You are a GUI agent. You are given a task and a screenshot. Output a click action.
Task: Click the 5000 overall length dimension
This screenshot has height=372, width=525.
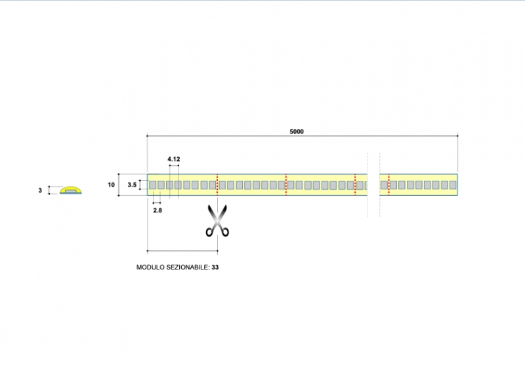click(297, 131)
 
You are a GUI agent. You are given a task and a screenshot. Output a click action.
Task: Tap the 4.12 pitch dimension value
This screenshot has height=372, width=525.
click(173, 160)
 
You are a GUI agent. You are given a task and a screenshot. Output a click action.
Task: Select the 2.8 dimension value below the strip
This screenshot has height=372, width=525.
click(157, 210)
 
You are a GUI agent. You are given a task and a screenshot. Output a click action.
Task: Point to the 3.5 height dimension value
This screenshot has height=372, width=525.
click(132, 185)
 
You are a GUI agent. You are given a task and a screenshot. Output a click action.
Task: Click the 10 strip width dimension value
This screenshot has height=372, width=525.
click(111, 185)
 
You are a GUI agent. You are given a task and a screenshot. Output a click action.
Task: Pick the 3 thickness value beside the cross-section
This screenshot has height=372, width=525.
click(40, 191)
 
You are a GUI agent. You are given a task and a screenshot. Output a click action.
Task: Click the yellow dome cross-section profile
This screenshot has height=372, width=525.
click(71, 190)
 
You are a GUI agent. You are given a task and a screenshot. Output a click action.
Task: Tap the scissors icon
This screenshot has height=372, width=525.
click(218, 221)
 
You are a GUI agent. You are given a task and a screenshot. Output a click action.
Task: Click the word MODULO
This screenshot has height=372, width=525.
click(149, 268)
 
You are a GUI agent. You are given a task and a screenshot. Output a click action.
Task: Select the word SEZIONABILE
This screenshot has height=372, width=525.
click(187, 268)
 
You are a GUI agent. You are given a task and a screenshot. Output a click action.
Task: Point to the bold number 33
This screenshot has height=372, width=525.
click(215, 268)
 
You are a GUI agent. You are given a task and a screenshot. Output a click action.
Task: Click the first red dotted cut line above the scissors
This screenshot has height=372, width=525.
click(217, 185)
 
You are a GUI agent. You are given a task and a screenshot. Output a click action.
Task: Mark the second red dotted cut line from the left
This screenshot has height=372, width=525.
click(286, 185)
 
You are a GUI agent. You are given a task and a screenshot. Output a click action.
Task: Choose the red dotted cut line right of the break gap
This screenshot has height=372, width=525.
click(388, 185)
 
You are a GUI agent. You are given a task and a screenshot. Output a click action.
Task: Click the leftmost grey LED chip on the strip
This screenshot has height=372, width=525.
click(153, 185)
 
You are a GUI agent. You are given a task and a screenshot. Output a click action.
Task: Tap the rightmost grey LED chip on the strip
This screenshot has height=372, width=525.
click(451, 185)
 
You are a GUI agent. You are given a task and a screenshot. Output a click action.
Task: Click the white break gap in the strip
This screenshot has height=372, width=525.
click(373, 185)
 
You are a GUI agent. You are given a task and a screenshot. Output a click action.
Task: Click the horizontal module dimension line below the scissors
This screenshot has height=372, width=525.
click(182, 250)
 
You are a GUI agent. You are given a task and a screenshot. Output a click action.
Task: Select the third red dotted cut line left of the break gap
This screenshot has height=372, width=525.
click(354, 185)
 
